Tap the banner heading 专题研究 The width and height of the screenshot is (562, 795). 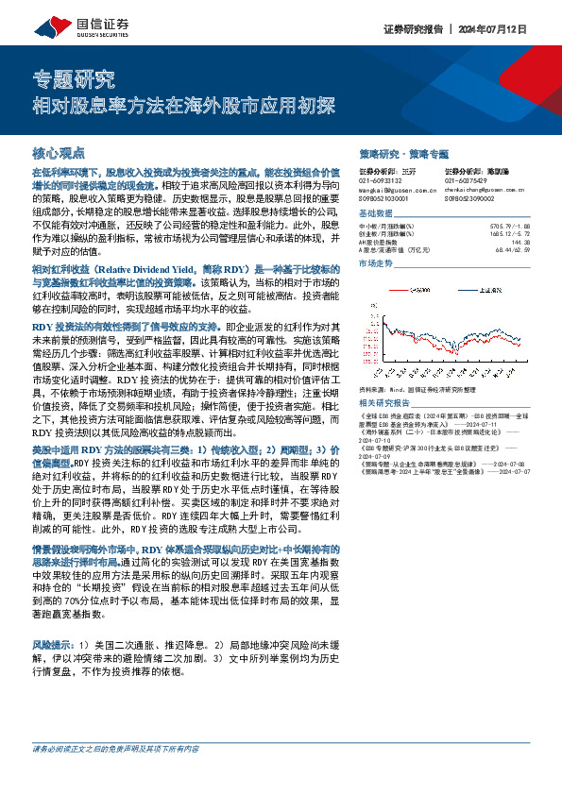(x=74, y=78)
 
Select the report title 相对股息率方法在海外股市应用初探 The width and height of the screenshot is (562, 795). (x=185, y=106)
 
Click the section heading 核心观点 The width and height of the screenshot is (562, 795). (x=59, y=152)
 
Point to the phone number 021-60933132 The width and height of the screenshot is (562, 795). (x=382, y=180)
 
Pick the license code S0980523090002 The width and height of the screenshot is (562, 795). (x=472, y=198)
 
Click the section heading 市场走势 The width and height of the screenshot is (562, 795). (x=376, y=264)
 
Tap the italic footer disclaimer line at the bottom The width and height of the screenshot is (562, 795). (x=115, y=775)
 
